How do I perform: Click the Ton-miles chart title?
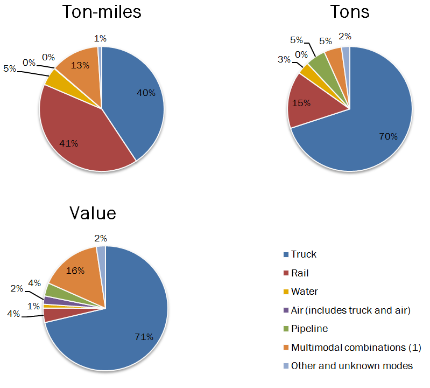[x=102, y=12]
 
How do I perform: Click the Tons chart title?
[x=350, y=12]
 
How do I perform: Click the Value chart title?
[x=93, y=213]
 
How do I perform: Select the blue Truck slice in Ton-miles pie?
[x=135, y=102]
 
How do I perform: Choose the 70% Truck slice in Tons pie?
[x=366, y=129]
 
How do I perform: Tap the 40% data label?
[x=145, y=93]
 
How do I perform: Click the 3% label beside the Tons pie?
[x=284, y=59]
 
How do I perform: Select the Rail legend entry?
[x=300, y=273]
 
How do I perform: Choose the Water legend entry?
[x=304, y=292]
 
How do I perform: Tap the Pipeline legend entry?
[x=309, y=329]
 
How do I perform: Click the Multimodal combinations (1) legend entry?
[x=356, y=347]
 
